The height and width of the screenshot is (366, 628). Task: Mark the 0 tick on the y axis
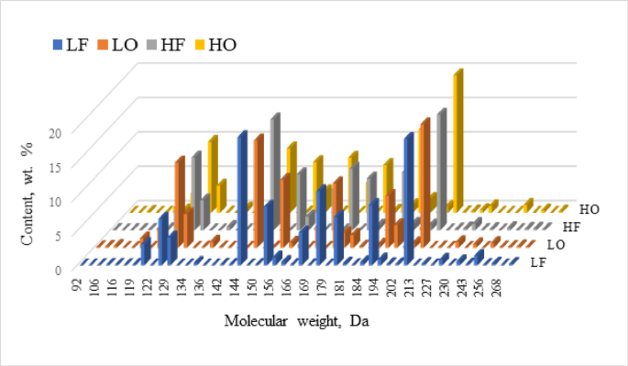[x=57, y=270]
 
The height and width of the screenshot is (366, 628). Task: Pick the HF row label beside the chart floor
[x=572, y=227]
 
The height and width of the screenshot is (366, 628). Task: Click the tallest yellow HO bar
[x=457, y=138]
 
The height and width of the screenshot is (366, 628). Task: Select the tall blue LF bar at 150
[x=242, y=197]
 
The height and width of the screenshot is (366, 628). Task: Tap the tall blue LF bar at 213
[x=408, y=197]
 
